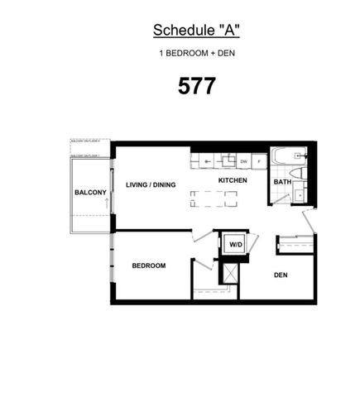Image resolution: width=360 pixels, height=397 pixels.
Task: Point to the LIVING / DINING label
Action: click(151, 184)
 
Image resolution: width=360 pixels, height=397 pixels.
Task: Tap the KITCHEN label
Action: click(233, 179)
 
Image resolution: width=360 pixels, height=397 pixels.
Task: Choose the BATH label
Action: click(282, 182)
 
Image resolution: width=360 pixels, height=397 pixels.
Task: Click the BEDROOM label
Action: click(149, 265)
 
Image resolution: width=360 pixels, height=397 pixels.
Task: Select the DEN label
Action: click(281, 275)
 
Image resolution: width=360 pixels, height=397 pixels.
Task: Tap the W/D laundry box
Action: click(236, 244)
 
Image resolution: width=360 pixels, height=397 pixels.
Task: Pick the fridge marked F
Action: click(258, 161)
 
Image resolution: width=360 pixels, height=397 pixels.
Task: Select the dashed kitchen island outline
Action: click(213, 198)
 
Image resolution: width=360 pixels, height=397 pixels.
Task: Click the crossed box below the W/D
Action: click(227, 271)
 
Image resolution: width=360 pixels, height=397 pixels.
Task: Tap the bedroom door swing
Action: click(203, 235)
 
